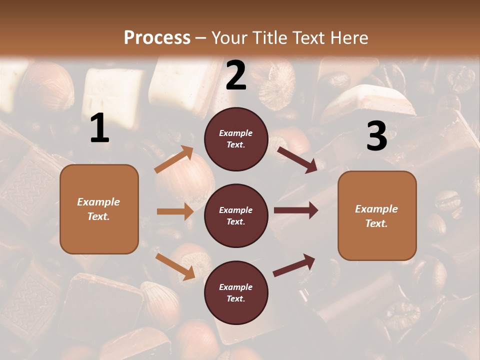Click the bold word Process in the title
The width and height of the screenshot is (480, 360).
click(x=157, y=38)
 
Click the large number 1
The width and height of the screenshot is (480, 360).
click(x=99, y=128)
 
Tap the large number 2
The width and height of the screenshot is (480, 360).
click(x=236, y=75)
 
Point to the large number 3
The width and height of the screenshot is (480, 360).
click(x=376, y=136)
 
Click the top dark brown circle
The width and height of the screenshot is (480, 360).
click(x=236, y=139)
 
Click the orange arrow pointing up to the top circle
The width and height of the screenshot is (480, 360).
click(x=174, y=159)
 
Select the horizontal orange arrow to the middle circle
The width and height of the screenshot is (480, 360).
click(x=175, y=211)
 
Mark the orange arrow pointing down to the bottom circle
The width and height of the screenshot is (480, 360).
click(x=175, y=266)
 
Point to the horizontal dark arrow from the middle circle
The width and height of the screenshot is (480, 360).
click(x=295, y=210)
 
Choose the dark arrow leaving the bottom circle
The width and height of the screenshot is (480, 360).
click(x=294, y=265)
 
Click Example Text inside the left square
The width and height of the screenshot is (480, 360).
click(x=98, y=209)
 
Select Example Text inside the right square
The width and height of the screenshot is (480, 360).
click(x=376, y=216)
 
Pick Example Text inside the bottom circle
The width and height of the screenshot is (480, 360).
click(x=236, y=293)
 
